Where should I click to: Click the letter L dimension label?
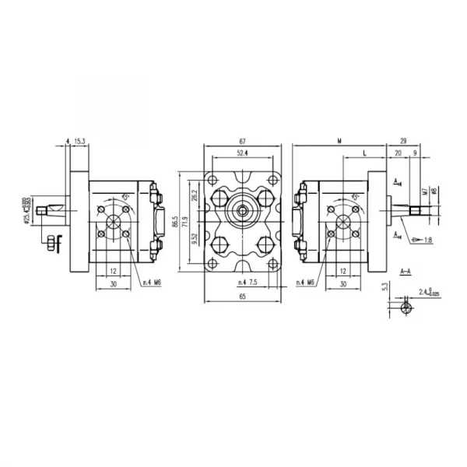(x=365, y=153)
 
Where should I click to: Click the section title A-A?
(x=406, y=271)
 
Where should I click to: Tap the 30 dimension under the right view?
(x=342, y=284)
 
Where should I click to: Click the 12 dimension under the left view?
(x=113, y=271)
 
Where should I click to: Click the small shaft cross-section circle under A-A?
(x=405, y=308)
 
